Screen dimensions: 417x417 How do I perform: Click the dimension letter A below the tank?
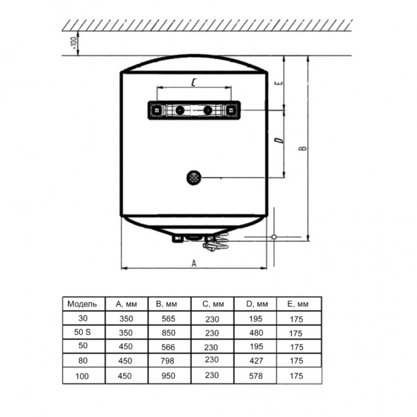pyautogui.click(x=194, y=263)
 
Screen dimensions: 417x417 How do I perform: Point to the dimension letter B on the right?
pyautogui.click(x=302, y=148)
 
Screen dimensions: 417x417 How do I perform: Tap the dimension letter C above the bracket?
pyautogui.click(x=194, y=82)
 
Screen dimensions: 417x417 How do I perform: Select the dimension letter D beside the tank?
pyautogui.click(x=279, y=140)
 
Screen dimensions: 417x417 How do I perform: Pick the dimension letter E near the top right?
pyautogui.click(x=279, y=83)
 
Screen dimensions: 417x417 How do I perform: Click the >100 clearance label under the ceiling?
pyautogui.click(x=73, y=43)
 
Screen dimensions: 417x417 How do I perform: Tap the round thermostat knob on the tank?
pyautogui.click(x=194, y=178)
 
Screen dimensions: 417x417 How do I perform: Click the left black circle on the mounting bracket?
pyautogui.click(x=180, y=110)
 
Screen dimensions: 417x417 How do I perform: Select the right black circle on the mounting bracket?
pyautogui.click(x=208, y=110)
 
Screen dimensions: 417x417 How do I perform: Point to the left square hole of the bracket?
pyautogui.click(x=156, y=110)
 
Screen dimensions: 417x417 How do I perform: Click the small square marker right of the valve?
pyautogui.click(x=274, y=237)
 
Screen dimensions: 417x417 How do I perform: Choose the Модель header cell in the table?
pyautogui.click(x=82, y=304)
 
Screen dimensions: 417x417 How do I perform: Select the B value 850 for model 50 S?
pyautogui.click(x=169, y=333)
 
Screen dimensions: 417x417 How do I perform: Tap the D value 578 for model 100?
pyautogui.click(x=256, y=376)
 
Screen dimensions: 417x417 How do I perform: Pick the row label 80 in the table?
pyautogui.click(x=83, y=360)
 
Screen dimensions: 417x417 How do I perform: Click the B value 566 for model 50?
pyautogui.click(x=168, y=347)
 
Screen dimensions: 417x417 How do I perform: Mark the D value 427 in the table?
pyautogui.click(x=256, y=361)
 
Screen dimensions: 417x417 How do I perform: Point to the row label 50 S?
pyautogui.click(x=83, y=332)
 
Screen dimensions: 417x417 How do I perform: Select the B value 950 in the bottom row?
pyautogui.click(x=168, y=376)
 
